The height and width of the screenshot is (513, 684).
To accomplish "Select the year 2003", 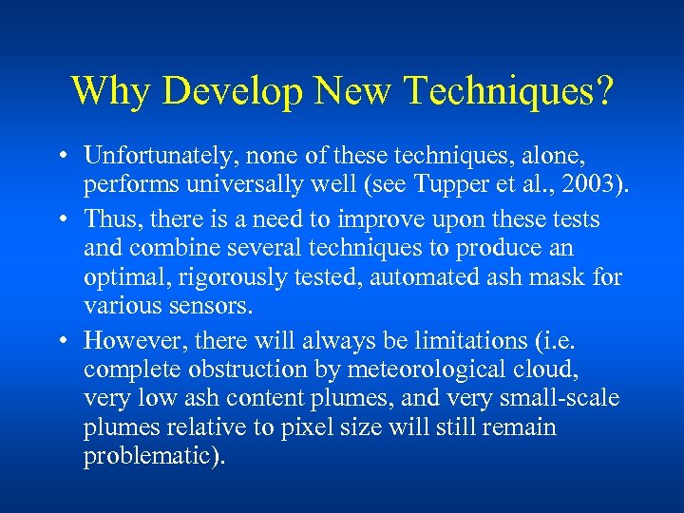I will (592, 182).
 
